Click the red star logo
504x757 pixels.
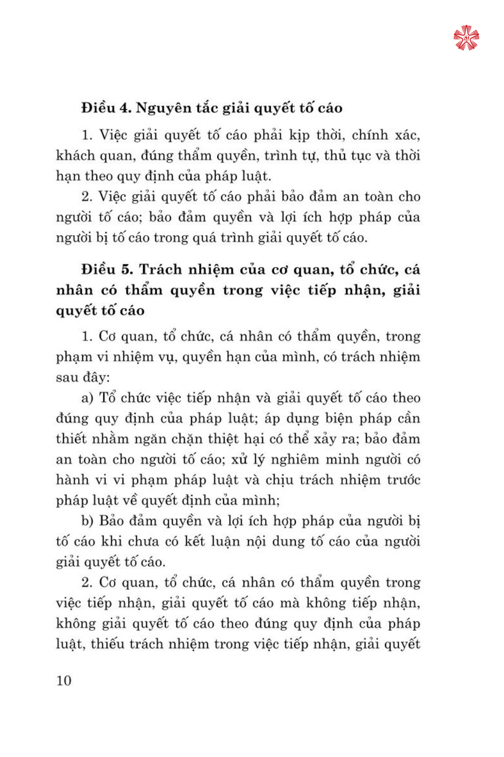466,38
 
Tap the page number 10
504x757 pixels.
64,681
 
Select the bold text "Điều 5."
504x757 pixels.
107,269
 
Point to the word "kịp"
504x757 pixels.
299,135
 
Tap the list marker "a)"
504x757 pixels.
88,398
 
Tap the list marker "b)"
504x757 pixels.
88,521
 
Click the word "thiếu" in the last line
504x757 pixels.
107,644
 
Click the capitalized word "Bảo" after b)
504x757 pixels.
111,521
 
